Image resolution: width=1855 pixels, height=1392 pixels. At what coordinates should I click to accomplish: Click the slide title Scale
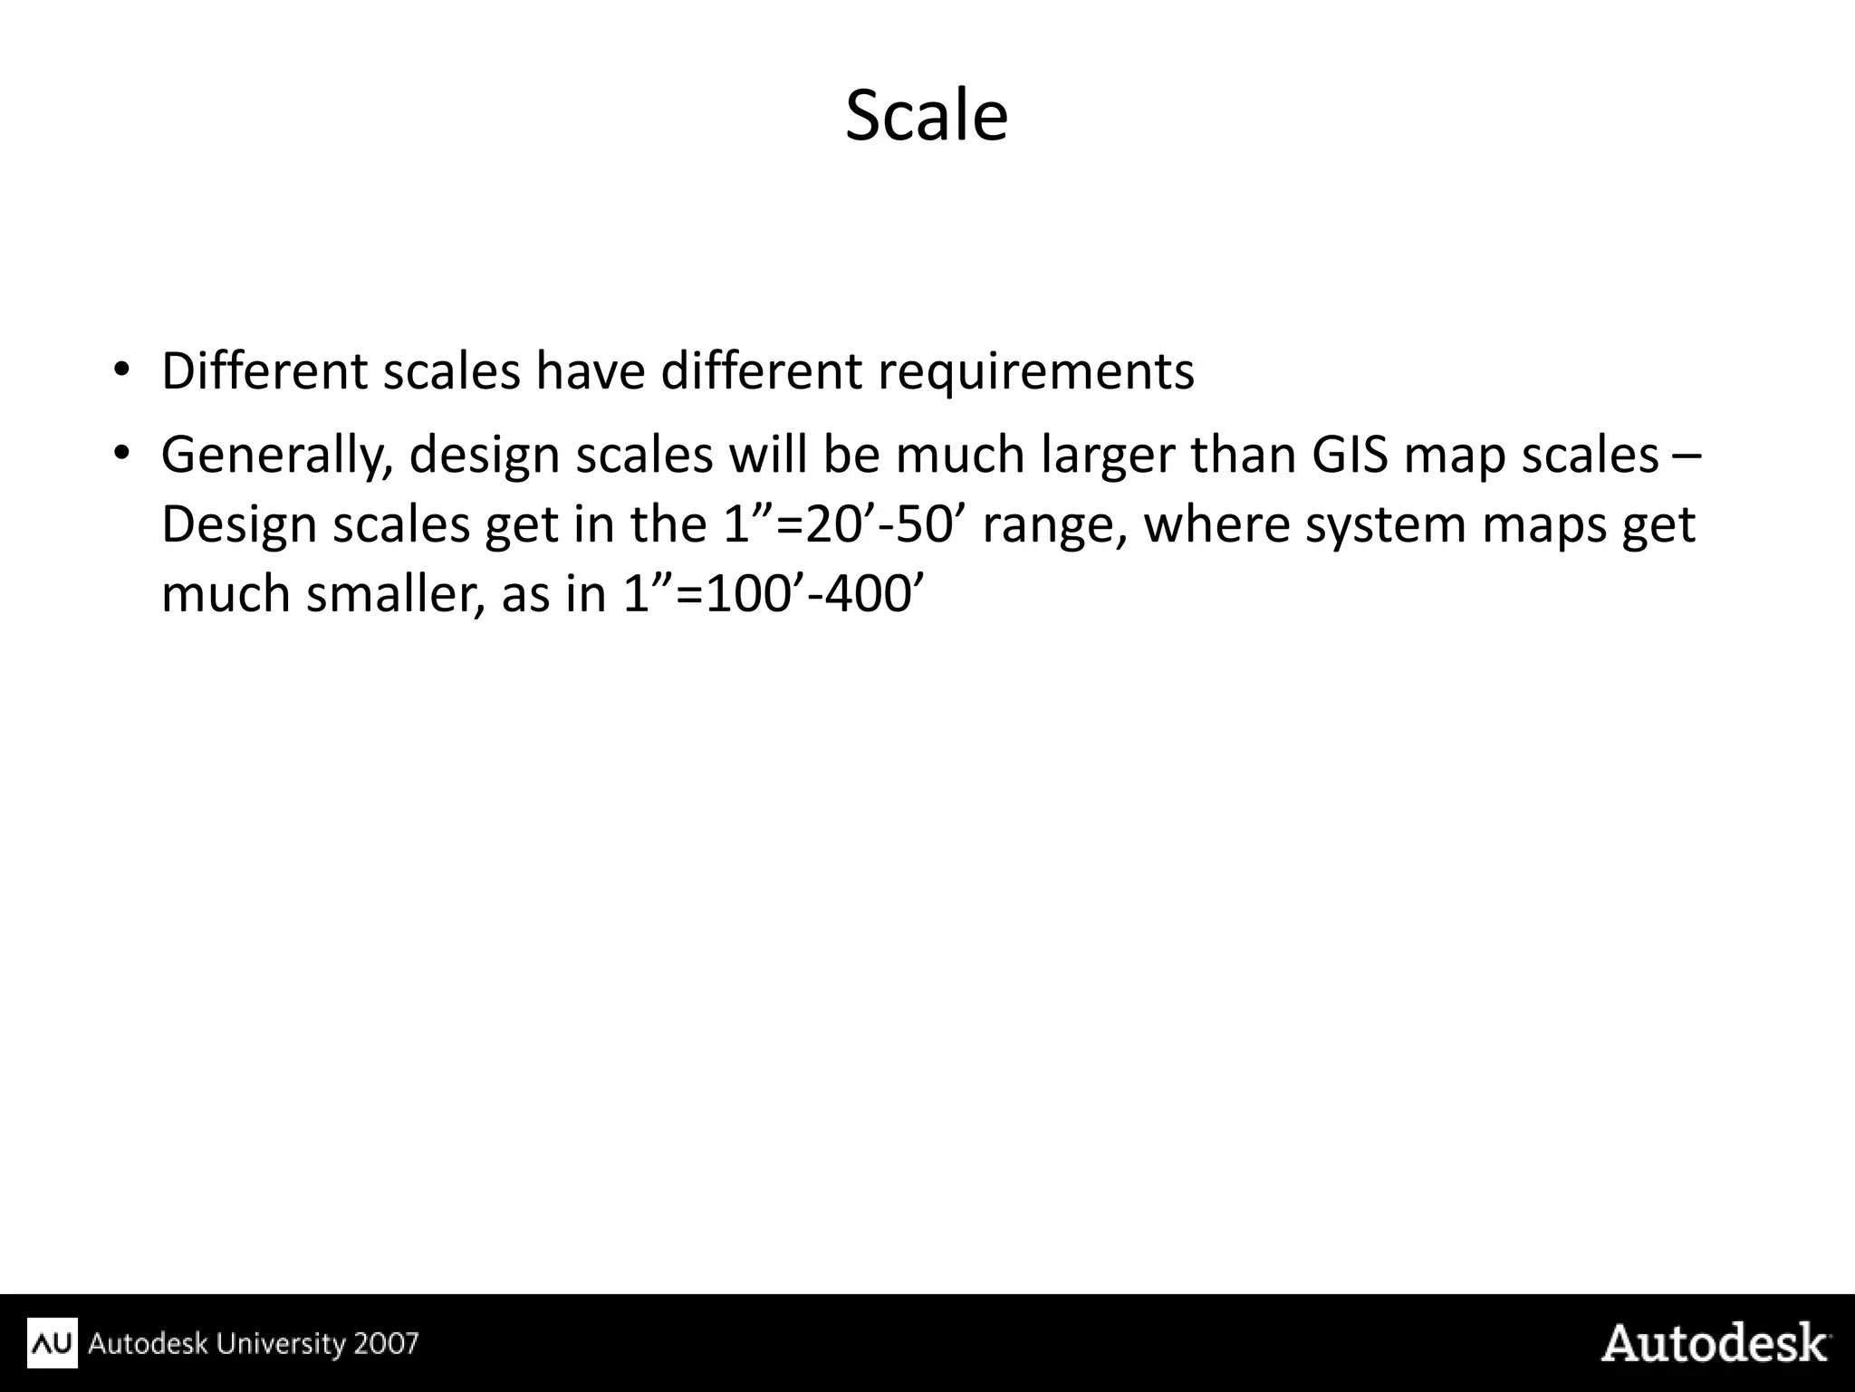(x=926, y=116)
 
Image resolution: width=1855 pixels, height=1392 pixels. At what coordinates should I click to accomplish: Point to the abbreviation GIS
(x=1350, y=455)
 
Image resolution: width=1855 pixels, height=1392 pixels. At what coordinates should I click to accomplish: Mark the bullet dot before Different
(x=122, y=370)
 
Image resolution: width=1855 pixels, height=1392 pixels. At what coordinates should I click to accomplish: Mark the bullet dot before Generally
(x=122, y=453)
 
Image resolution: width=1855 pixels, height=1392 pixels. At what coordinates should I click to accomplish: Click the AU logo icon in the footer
(x=53, y=1343)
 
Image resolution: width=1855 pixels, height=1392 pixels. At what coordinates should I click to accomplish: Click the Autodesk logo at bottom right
(x=1715, y=1343)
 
